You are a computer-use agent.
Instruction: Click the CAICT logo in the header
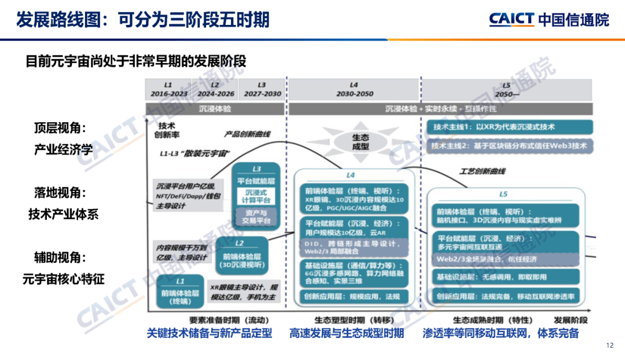click(x=549, y=19)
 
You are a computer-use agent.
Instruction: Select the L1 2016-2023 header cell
click(x=169, y=89)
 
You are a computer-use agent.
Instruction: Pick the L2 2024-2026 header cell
click(x=216, y=89)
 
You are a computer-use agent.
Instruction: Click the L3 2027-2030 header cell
click(x=262, y=89)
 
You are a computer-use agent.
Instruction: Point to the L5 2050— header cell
click(x=506, y=89)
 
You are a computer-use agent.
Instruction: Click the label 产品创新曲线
click(x=247, y=134)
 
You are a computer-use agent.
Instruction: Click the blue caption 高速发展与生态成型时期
click(x=347, y=333)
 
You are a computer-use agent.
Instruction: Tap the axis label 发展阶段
click(x=570, y=319)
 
